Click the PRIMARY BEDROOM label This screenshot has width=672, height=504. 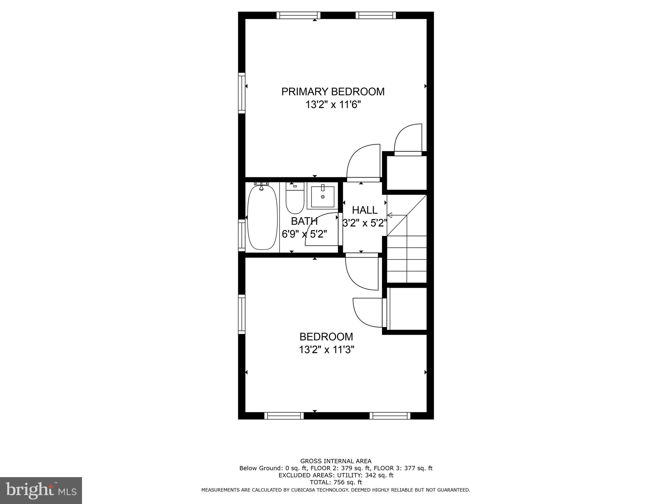pyautogui.click(x=333, y=92)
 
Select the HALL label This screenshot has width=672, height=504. pyautogui.click(x=365, y=210)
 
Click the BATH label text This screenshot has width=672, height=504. pyautogui.click(x=304, y=221)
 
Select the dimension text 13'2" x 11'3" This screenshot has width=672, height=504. pyautogui.click(x=326, y=350)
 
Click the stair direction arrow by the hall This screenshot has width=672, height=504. pyautogui.click(x=390, y=216)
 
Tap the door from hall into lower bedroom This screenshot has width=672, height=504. pyautogui.click(x=362, y=272)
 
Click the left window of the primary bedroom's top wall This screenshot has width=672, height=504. pyautogui.click(x=298, y=15)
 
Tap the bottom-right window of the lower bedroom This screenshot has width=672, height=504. pyautogui.click(x=390, y=416)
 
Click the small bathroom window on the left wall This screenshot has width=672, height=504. pyautogui.click(x=241, y=235)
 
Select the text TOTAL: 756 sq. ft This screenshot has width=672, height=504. pyautogui.click(x=336, y=482)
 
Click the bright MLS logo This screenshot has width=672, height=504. pyautogui.click(x=41, y=491)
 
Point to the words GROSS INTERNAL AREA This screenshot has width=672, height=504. pyautogui.click(x=336, y=461)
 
